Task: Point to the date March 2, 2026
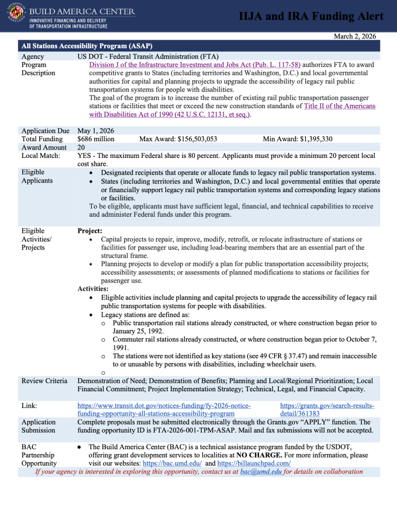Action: (355, 36)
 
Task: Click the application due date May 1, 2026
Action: (96, 131)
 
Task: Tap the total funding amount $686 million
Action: (96, 139)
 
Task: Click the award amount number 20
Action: (82, 148)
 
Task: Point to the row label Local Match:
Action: (41, 156)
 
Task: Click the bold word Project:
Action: (90, 231)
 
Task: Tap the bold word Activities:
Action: (93, 289)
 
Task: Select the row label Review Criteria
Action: (44, 381)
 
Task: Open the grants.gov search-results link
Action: (327, 409)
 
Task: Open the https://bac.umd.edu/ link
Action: (172, 463)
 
